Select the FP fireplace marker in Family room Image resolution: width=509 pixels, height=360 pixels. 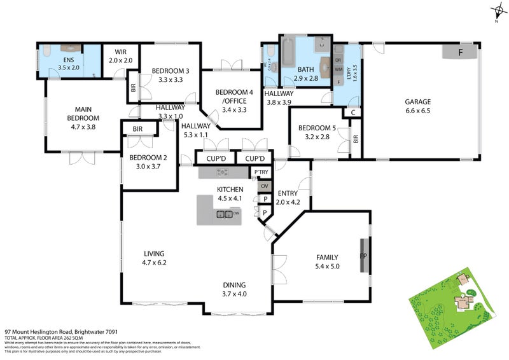(364, 256)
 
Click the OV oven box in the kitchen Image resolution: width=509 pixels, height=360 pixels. (264, 186)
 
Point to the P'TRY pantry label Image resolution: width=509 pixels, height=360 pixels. (261, 172)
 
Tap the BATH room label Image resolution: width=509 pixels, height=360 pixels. (305, 69)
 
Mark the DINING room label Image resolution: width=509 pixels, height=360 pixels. (234, 285)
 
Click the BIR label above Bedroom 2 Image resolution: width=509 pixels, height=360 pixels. (138, 129)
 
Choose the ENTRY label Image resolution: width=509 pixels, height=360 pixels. (288, 194)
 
